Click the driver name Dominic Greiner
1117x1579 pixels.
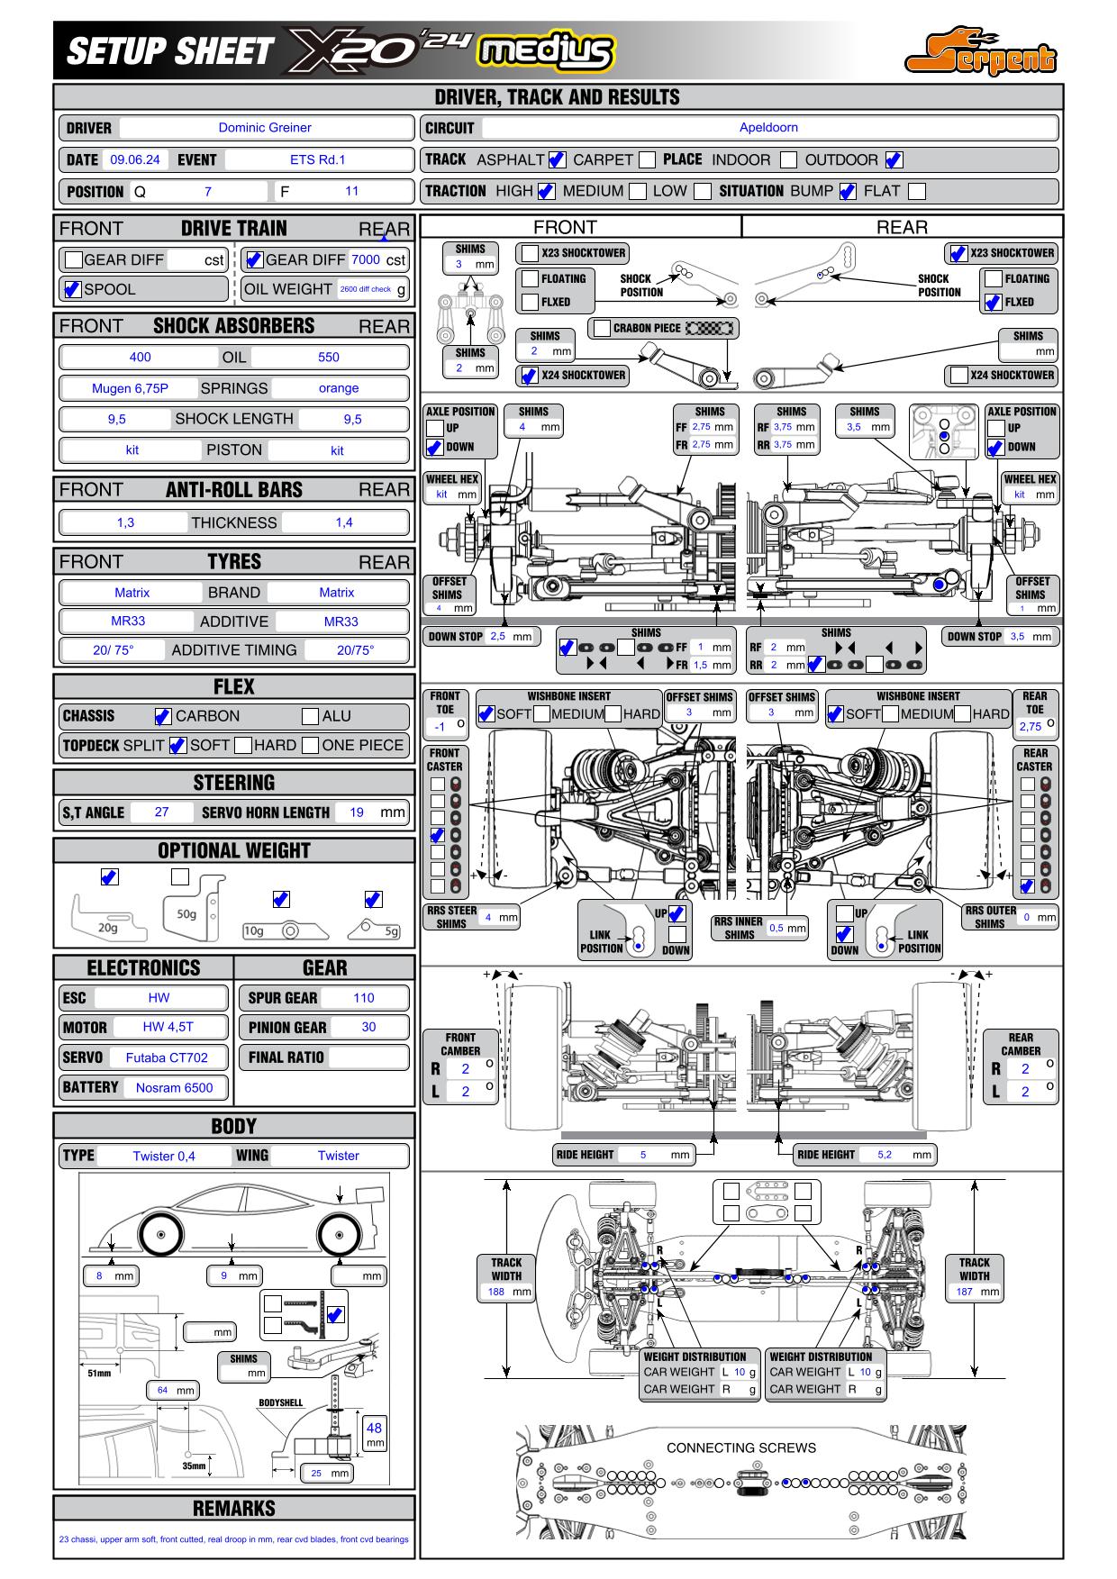pos(265,128)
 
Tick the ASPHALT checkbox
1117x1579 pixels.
pos(557,160)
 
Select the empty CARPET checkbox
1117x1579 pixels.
pos(647,160)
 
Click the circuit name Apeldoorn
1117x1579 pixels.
pos(768,128)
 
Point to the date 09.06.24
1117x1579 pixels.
pos(135,160)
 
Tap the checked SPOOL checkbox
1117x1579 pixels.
pos(73,289)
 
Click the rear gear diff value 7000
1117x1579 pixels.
pos(365,259)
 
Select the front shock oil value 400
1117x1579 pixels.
pos(141,357)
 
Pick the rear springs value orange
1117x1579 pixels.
pos(339,388)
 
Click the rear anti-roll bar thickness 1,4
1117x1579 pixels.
pos(344,522)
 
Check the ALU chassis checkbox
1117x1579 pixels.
pos(310,716)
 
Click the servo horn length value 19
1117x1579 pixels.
pos(357,812)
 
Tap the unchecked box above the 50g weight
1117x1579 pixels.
pos(180,876)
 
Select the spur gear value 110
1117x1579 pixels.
pos(364,998)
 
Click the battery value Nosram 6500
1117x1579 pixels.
pos(174,1088)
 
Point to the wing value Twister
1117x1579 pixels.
pos(339,1156)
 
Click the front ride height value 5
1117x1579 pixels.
pos(643,1155)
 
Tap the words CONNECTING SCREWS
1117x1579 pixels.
pos(741,1448)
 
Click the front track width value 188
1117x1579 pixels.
pos(496,1292)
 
